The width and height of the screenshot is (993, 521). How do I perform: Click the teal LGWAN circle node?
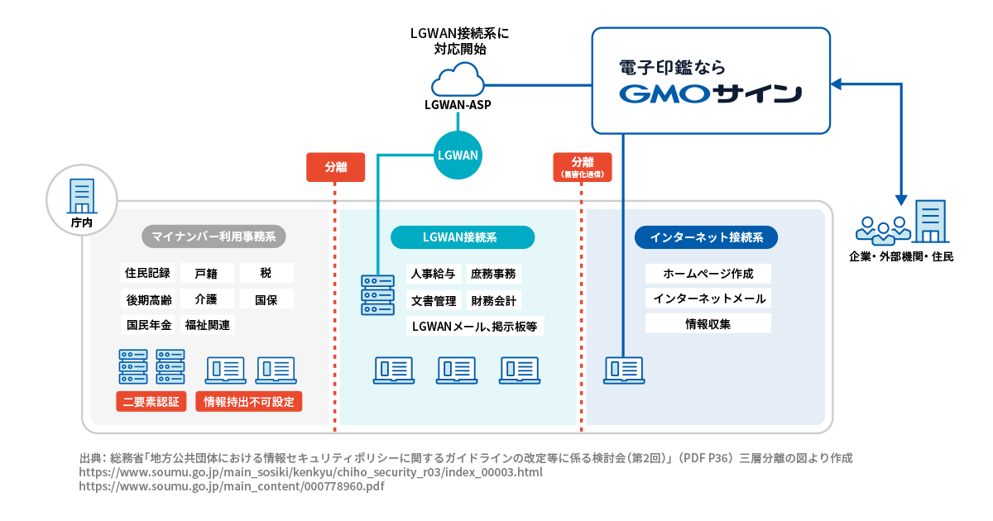[x=458, y=155]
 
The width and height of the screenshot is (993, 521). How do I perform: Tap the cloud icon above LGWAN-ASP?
[x=458, y=81]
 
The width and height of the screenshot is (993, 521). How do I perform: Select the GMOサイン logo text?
[x=710, y=93]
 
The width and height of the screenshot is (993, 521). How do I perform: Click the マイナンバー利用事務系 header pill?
[x=213, y=237]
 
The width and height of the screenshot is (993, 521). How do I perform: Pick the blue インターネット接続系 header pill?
[x=706, y=237]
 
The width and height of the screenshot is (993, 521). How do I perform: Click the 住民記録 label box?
[x=148, y=273]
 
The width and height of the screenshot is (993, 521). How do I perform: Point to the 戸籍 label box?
[x=206, y=273]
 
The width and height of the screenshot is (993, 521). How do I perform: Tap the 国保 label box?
[x=266, y=299]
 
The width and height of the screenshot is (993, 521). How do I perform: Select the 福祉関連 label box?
[x=208, y=324]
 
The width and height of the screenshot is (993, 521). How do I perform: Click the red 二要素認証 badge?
[x=151, y=402]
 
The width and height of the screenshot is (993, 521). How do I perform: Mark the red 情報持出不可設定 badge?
[x=248, y=402]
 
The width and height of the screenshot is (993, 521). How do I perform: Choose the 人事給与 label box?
[x=433, y=274]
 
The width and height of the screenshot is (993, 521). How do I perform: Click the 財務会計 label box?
[x=493, y=300]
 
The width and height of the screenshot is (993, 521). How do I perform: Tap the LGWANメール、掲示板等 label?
[x=474, y=327]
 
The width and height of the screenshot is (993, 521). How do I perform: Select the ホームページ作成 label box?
[x=708, y=274]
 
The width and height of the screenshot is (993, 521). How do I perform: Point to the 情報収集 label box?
[x=708, y=323]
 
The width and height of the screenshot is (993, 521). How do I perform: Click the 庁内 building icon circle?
[x=81, y=199]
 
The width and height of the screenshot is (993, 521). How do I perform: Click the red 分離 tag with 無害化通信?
[x=582, y=166]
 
